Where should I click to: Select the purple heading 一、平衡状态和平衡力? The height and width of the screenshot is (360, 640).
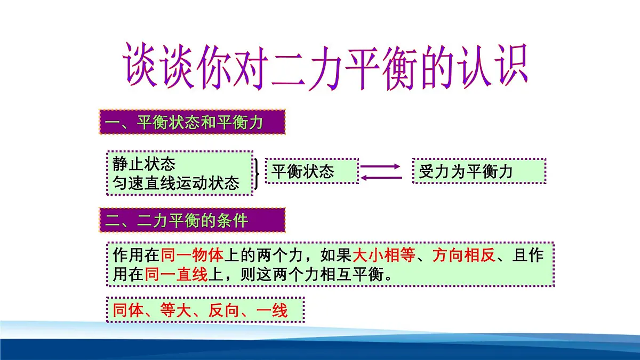point(185,123)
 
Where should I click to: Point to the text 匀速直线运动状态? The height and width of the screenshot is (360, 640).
point(176,183)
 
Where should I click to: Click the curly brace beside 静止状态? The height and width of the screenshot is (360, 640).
point(258,173)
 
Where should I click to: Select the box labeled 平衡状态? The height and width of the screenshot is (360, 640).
point(311,171)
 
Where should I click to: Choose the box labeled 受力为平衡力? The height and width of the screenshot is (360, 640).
point(478,171)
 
